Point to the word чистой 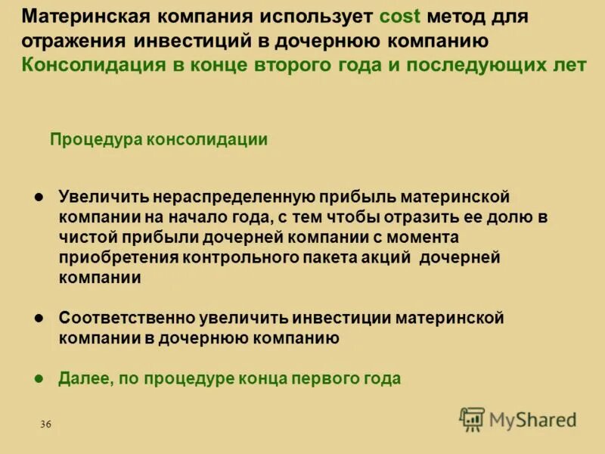point(86,238)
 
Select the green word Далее point(85,378)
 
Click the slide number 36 point(45,424)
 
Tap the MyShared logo point(517,418)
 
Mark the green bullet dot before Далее point(41,378)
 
